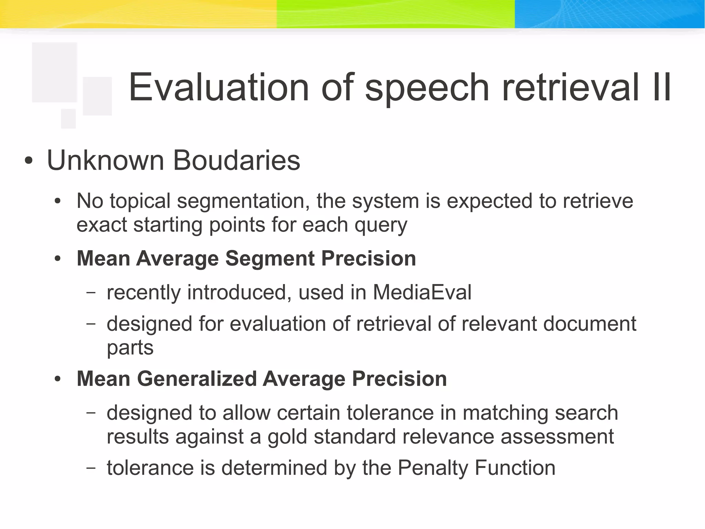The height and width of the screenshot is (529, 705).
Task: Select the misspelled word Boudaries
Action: pyautogui.click(x=236, y=160)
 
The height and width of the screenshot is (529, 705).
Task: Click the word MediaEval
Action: pyautogui.click(x=422, y=293)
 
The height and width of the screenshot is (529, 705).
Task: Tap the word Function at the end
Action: pyautogui.click(x=515, y=468)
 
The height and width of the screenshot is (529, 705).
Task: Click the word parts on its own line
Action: pyautogui.click(x=130, y=347)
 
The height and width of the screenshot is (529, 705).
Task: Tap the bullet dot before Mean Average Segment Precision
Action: pyautogui.click(x=57, y=259)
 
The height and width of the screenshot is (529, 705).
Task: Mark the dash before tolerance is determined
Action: pyautogui.click(x=91, y=468)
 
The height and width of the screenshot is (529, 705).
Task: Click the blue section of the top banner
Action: pyautogui.click(x=609, y=14)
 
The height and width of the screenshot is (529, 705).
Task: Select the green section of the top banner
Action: pyautogui.click(x=396, y=14)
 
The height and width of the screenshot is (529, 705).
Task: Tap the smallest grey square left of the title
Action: pyautogui.click(x=68, y=119)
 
